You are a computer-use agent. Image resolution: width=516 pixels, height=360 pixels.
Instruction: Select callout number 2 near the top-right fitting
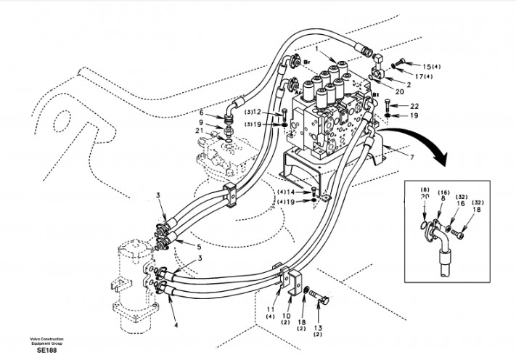point(409,84)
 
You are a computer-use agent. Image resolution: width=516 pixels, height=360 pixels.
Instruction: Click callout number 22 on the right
point(414,106)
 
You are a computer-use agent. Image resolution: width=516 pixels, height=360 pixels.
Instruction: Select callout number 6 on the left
point(202,112)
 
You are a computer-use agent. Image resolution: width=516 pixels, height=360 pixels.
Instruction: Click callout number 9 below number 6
point(202,122)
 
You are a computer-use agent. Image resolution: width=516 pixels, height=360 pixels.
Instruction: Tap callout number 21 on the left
point(200,131)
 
